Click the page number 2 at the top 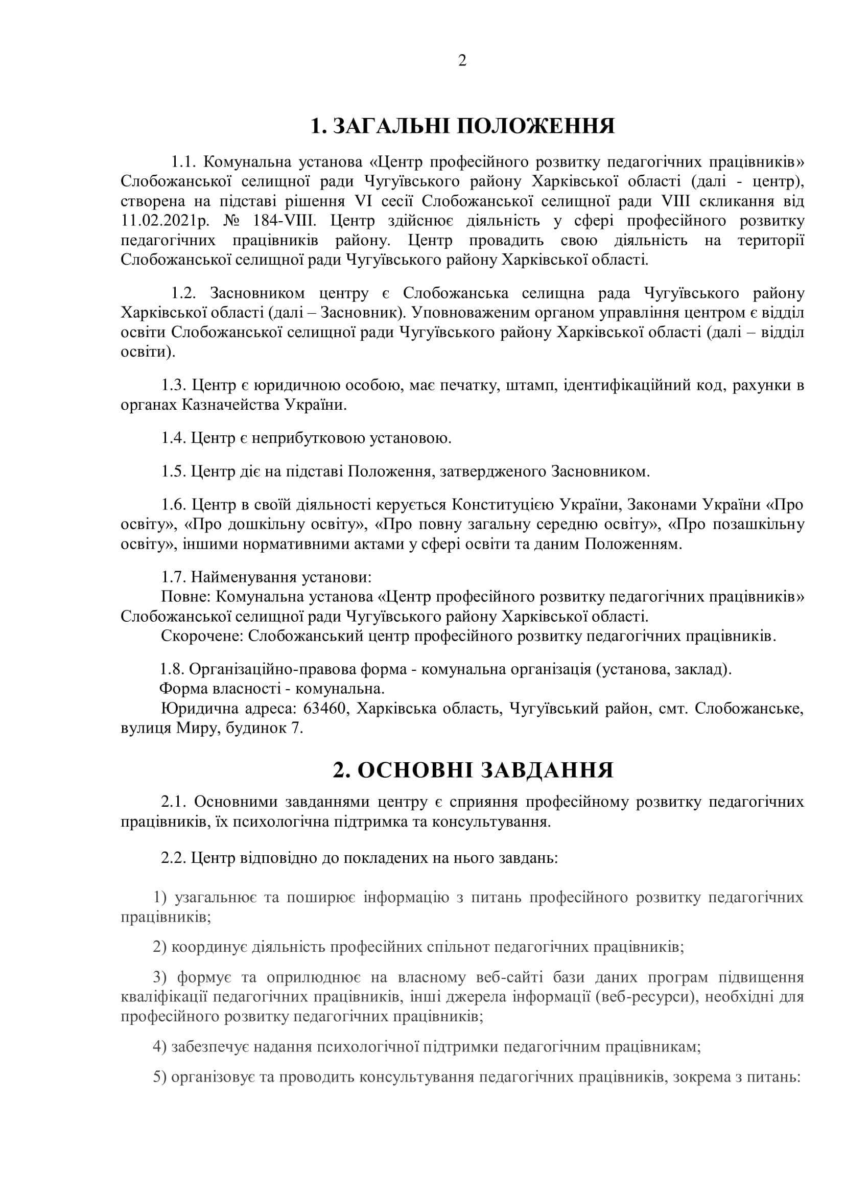(461, 61)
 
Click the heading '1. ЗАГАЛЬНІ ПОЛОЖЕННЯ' (462, 127)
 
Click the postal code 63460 (326, 709)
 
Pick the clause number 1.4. (174, 438)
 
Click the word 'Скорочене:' (202, 637)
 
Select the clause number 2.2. (174, 857)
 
